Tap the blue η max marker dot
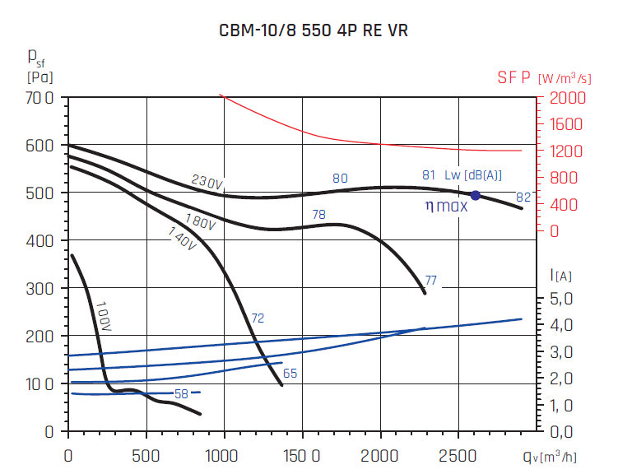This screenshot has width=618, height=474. (x=475, y=195)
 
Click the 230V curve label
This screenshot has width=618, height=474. (x=207, y=183)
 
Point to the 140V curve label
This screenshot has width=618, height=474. (x=183, y=239)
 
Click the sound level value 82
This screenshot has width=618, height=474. (x=523, y=197)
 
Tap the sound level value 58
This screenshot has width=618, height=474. (x=181, y=394)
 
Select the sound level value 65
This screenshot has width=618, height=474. (x=290, y=374)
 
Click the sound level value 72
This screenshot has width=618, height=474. (x=258, y=318)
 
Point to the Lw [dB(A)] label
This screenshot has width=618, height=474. (x=472, y=174)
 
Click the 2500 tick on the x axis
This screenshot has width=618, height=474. (x=460, y=454)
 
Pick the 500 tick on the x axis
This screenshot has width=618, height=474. (x=146, y=454)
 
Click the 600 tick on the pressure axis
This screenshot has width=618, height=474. (x=41, y=146)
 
